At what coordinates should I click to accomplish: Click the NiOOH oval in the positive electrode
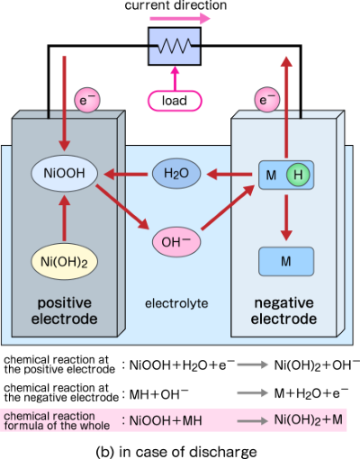(64, 172)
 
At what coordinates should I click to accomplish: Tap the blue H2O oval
(175, 172)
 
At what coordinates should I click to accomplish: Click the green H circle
(296, 173)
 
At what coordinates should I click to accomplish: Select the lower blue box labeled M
(285, 261)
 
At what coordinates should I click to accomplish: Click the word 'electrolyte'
(176, 303)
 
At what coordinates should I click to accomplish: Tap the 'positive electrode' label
(61, 310)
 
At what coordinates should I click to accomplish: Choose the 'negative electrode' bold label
(284, 310)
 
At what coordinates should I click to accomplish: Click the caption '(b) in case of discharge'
(177, 447)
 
